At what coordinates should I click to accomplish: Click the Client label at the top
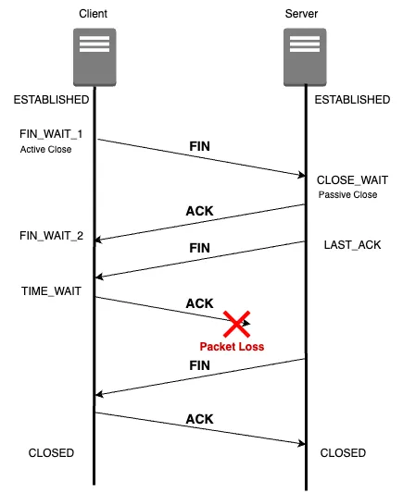point(94,14)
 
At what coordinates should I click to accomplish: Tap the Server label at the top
point(301,14)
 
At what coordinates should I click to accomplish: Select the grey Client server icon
point(94,57)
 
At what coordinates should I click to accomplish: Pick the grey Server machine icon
point(305,57)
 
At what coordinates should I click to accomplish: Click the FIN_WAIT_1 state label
point(51,134)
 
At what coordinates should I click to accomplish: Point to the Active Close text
point(46,149)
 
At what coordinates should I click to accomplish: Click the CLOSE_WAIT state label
point(352,180)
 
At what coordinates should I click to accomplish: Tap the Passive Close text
point(348,194)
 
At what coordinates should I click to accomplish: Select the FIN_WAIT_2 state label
point(51,236)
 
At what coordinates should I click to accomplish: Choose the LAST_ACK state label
point(352,244)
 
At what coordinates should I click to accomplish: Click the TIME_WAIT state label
point(51,290)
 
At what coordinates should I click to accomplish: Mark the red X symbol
point(237,324)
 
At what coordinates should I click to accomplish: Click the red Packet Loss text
point(232,347)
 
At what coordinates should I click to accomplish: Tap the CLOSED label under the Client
point(51,452)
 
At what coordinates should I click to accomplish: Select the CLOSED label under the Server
point(343,452)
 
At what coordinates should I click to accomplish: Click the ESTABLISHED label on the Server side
point(352,100)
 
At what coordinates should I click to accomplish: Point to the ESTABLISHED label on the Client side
point(51,100)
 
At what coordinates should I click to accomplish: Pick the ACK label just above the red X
point(199,303)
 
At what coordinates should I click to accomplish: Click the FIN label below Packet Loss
point(199,365)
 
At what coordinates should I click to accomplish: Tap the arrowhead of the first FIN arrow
point(302,175)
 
